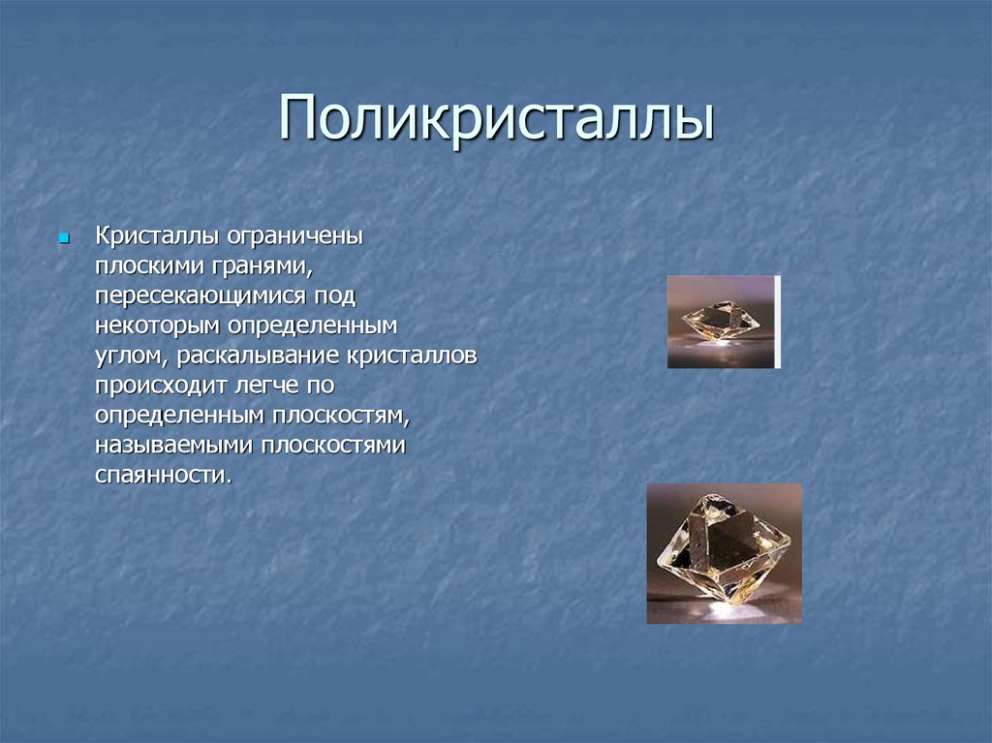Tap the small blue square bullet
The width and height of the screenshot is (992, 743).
pos(63,238)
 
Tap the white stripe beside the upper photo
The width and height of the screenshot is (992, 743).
pos(778,322)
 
